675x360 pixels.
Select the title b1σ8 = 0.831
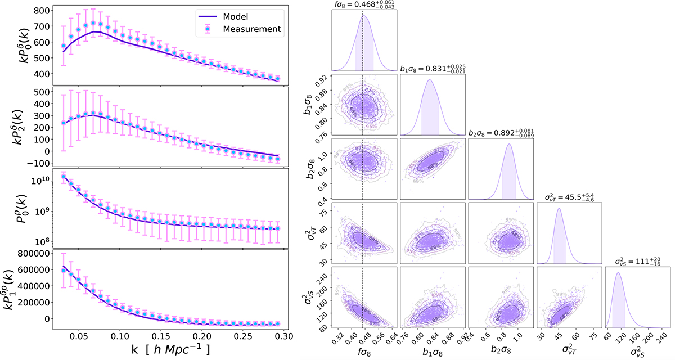(433, 67)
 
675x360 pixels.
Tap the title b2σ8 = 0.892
(501, 133)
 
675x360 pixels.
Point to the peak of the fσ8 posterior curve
(363, 15)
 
